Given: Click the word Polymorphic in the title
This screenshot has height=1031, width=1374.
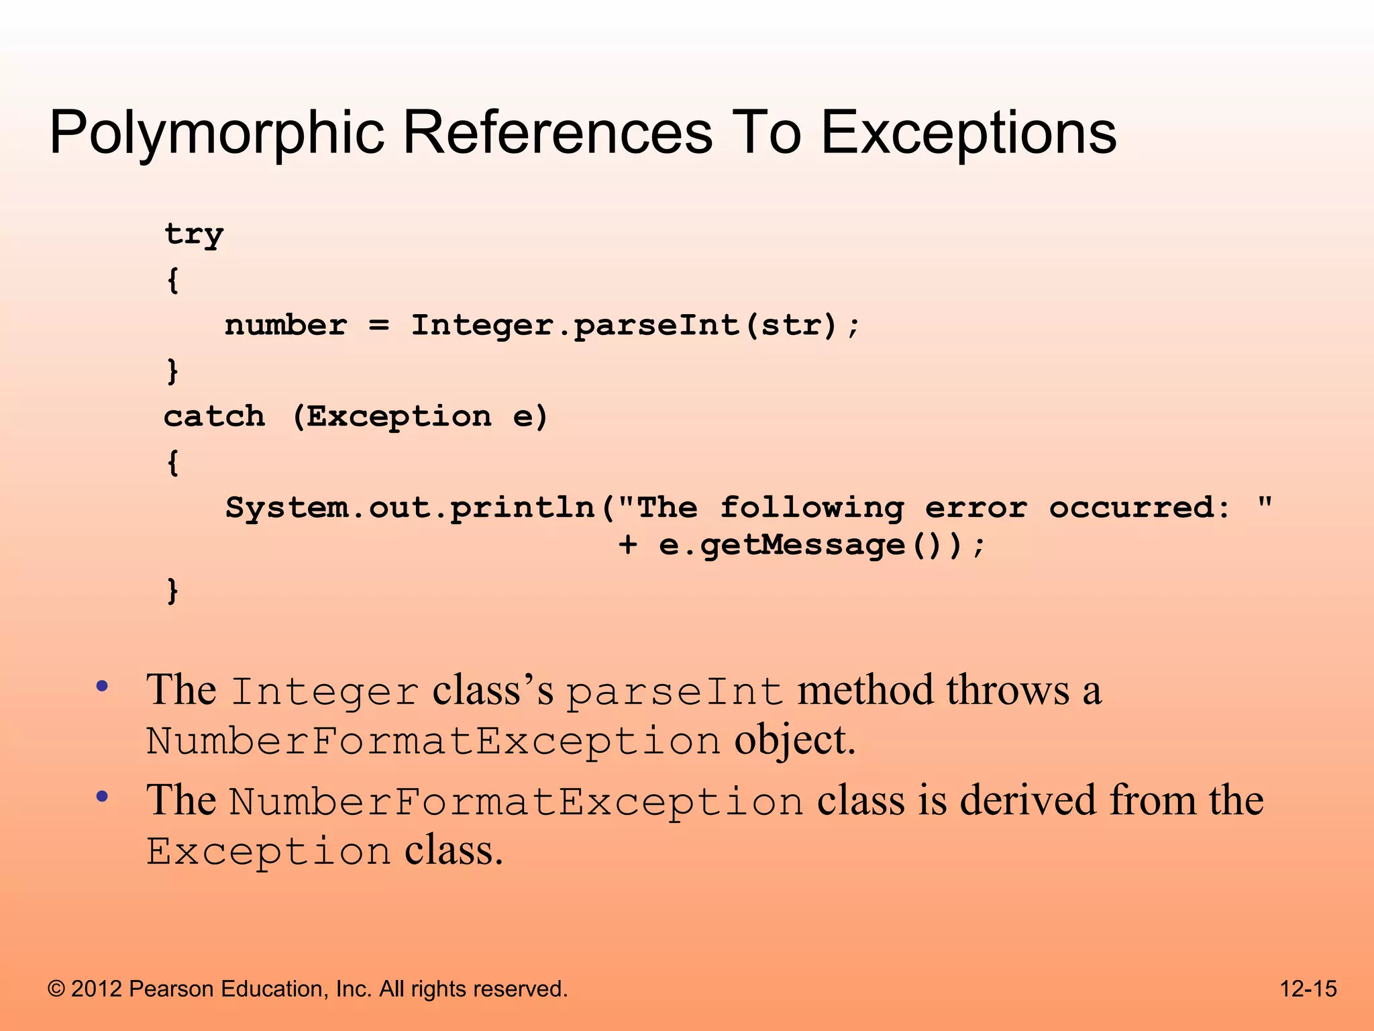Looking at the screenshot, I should pyautogui.click(x=217, y=133).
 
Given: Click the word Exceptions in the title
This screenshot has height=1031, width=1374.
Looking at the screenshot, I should pyautogui.click(x=968, y=133).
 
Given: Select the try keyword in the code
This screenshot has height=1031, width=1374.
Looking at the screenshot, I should pyautogui.click(x=194, y=235).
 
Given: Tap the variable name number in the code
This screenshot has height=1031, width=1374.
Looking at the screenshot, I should pyautogui.click(x=286, y=326).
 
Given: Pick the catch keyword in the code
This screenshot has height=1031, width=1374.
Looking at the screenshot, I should pyautogui.click(x=215, y=417).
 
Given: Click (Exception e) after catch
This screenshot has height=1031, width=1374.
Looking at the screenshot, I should pyautogui.click(x=421, y=417).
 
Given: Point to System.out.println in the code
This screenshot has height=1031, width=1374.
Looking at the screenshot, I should pyautogui.click(x=410, y=507).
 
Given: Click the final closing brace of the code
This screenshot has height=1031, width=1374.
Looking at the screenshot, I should pyautogui.click(x=172, y=590).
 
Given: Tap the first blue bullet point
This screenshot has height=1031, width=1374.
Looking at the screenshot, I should pyautogui.click(x=102, y=686).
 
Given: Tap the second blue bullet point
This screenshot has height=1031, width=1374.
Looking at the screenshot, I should pyautogui.click(x=102, y=797).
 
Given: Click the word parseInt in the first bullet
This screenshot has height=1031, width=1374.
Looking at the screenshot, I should pyautogui.click(x=675, y=691).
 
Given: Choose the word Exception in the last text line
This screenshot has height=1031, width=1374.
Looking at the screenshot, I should pyautogui.click(x=268, y=851).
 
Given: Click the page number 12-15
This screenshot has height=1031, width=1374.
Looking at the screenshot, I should pyautogui.click(x=1308, y=989).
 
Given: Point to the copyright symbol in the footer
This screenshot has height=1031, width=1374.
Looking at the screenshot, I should pyautogui.click(x=56, y=989).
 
